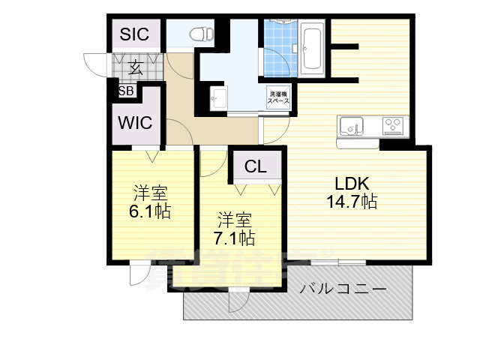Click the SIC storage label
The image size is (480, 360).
[136, 34]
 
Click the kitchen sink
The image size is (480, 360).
[351, 124]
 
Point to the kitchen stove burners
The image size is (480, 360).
[394, 124]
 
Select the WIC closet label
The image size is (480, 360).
[136, 122]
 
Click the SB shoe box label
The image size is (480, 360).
[126, 91]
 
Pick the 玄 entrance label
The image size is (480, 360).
[135, 67]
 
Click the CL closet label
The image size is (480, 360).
[255, 167]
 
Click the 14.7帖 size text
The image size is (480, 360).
[351, 201]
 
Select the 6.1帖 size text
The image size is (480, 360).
[150, 211]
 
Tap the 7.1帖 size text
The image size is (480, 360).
[234, 238]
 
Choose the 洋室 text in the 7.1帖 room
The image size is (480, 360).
[234, 220]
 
